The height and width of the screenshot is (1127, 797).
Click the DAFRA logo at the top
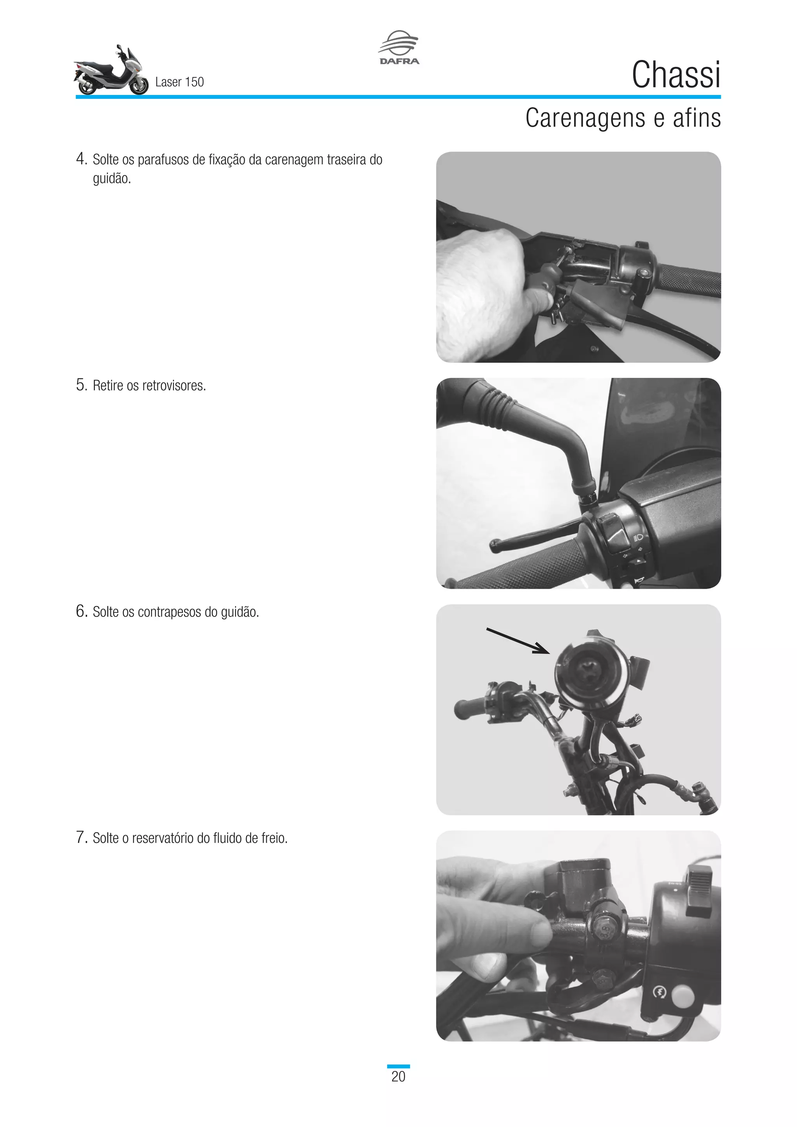(399, 47)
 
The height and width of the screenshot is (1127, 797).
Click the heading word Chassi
(676, 75)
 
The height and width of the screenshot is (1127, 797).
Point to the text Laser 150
(179, 82)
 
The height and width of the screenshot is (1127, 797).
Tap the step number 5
(81, 385)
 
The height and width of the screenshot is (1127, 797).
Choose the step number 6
(81, 611)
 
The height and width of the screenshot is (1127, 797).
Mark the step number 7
(81, 837)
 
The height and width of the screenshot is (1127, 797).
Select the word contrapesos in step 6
(169, 613)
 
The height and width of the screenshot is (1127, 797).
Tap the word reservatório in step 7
(163, 838)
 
